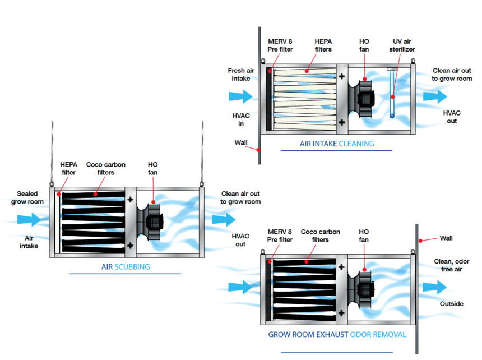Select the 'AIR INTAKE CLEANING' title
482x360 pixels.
(x=336, y=144)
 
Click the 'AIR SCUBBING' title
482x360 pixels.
(x=126, y=267)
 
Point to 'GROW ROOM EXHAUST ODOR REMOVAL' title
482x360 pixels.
(x=337, y=335)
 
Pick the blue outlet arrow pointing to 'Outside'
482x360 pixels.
(x=434, y=287)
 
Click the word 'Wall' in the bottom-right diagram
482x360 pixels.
(x=447, y=238)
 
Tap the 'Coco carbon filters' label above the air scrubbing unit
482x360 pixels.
(x=106, y=168)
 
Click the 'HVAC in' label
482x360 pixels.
(x=241, y=119)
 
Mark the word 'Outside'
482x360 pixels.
(x=451, y=304)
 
